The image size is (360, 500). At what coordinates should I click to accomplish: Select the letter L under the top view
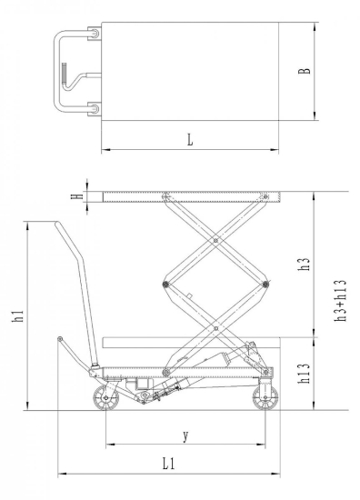(x=189, y=140)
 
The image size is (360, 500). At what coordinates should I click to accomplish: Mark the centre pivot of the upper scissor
(x=215, y=240)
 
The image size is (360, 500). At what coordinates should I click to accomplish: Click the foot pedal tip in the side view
(x=60, y=340)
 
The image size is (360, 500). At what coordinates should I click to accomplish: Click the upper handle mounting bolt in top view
(x=91, y=35)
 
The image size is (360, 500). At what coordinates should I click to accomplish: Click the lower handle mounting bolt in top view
(x=91, y=108)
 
